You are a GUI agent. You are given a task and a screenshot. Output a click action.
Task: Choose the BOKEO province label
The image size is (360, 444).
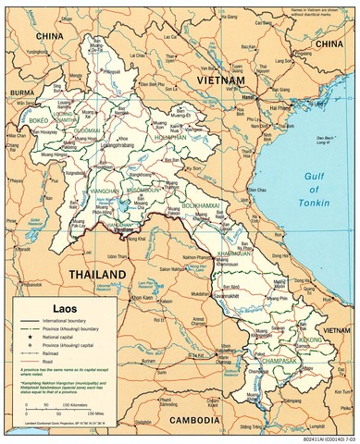(40, 120)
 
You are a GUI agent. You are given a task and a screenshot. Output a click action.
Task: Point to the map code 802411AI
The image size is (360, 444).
(323, 438)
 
